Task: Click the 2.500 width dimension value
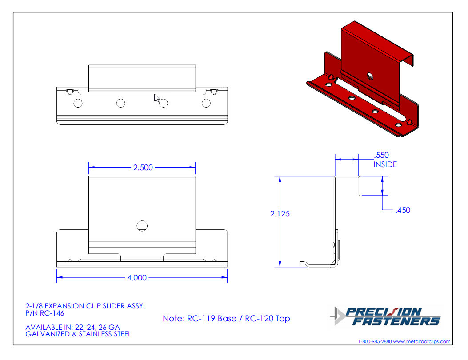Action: (143, 168)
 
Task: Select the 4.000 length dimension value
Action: (137, 278)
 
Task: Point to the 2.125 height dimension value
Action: (280, 214)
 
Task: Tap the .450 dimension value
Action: (403, 210)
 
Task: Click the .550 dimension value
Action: (381, 155)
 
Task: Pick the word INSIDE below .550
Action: (385, 164)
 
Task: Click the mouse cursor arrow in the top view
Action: (156, 98)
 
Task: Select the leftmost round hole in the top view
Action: (78, 103)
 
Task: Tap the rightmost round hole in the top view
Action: (206, 103)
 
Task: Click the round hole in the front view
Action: (142, 226)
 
